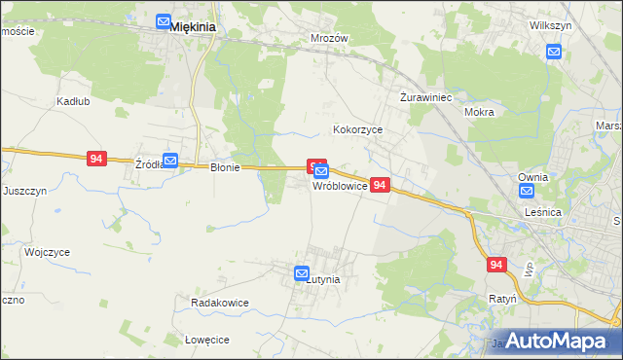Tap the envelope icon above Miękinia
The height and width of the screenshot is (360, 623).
pyautogui.click(x=164, y=19)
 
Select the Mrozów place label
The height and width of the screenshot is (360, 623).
pyautogui.click(x=329, y=39)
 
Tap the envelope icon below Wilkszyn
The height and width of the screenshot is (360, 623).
pyautogui.click(x=554, y=53)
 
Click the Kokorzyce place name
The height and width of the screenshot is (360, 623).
pyautogui.click(x=358, y=128)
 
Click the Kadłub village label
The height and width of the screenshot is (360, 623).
pyautogui.click(x=46, y=101)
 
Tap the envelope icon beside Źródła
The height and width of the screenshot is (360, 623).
pyautogui.click(x=170, y=161)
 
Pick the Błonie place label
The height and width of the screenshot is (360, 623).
pyautogui.click(x=225, y=167)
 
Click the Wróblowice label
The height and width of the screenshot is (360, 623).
pyautogui.click(x=340, y=185)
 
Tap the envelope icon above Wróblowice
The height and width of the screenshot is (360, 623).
pyautogui.click(x=321, y=172)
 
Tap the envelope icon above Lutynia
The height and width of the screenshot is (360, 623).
pyautogui.click(x=302, y=275)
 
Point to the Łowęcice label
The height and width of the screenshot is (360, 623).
pyautogui.click(x=206, y=340)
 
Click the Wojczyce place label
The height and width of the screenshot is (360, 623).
pyautogui.click(x=48, y=253)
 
